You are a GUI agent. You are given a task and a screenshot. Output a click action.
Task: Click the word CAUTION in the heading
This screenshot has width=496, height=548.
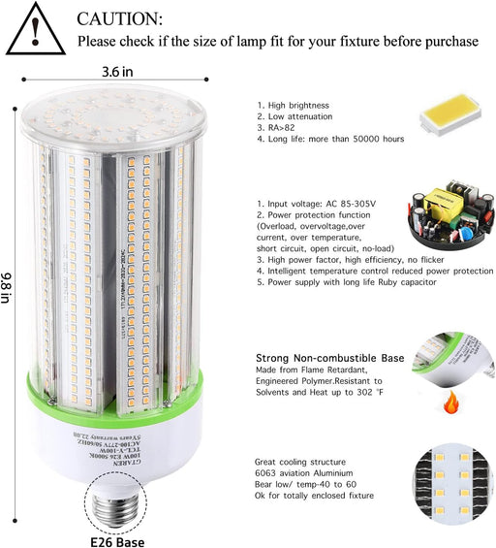pyautogui.click(x=120, y=18)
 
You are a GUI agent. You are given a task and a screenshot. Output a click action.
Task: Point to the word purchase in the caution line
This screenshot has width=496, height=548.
pyautogui.click(x=449, y=42)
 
